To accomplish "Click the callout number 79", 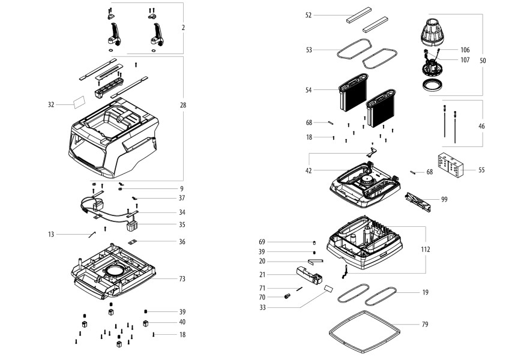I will tap(425, 325).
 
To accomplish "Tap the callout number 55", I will tap(481, 170).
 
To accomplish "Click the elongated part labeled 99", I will tap(418, 200).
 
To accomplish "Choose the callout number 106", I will tap(465, 50).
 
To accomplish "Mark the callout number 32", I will tap(52, 105).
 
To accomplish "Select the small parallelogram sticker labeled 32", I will tap(79, 103).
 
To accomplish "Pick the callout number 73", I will tap(182, 279).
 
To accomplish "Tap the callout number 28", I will tap(182, 105).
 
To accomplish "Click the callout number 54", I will tap(309, 90).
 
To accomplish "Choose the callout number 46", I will tap(481, 127).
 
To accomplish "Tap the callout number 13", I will tap(52, 233).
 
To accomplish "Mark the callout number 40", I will tap(182, 323).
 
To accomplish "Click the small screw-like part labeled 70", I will tap(288, 296).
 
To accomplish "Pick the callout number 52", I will tap(309, 15).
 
